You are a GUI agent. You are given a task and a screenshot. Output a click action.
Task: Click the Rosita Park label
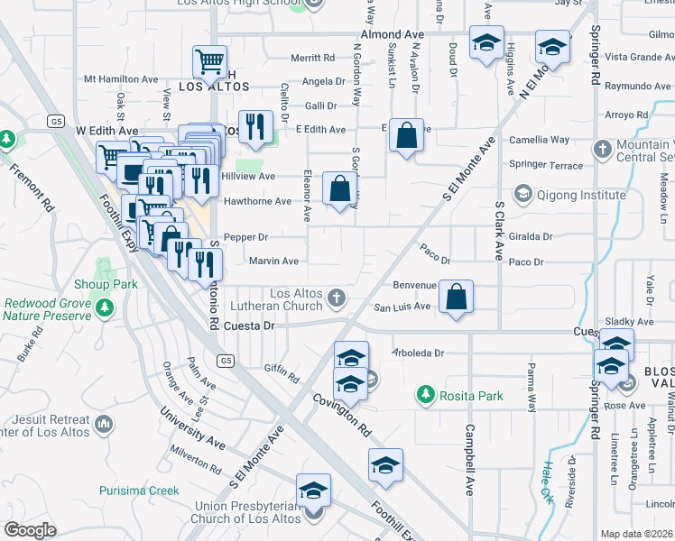coord(460,394)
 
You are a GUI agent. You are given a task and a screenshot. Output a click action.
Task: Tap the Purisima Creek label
coord(139,491)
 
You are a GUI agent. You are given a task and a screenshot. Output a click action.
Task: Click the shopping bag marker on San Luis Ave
coord(457,298)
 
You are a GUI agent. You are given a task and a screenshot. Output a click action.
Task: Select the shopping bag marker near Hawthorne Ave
coord(339,189)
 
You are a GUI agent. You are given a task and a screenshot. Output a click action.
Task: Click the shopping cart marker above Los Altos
coord(209,63)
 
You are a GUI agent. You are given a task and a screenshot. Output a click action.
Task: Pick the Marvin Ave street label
coord(273,261)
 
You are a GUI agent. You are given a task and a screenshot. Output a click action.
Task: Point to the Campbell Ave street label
coord(469,460)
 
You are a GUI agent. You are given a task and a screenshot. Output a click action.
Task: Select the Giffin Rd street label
coord(281,368)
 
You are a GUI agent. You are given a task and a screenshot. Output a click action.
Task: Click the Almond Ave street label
coord(392,34)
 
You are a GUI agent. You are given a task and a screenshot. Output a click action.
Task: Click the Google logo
coord(30,530)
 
